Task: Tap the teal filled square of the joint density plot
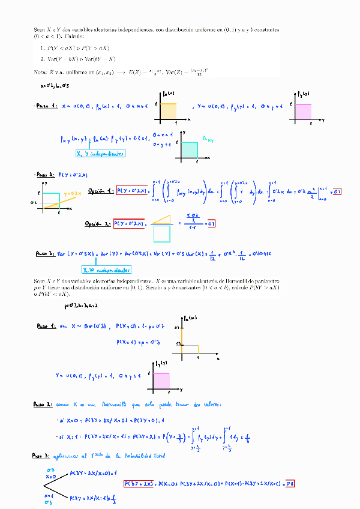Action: pyautogui.click(x=190, y=150)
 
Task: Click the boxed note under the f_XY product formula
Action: pyautogui.click(x=100, y=154)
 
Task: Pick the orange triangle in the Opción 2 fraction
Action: pyautogui.click(x=161, y=218)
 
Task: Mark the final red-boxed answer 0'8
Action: pyautogui.click(x=289, y=483)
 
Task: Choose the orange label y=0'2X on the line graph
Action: pyautogui.click(x=72, y=193)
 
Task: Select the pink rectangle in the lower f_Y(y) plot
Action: pyautogui.click(x=162, y=380)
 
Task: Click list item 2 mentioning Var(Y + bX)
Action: pyautogui.click(x=77, y=58)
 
